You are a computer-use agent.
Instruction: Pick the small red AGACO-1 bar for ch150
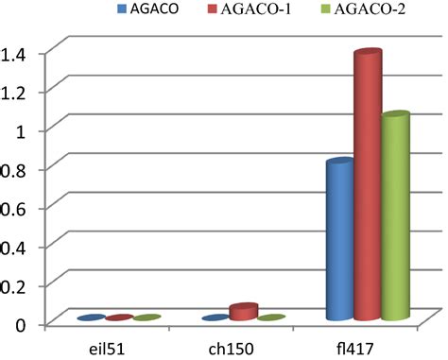(243, 312)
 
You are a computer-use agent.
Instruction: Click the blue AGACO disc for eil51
(91, 318)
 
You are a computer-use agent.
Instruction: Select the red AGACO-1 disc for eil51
(119, 318)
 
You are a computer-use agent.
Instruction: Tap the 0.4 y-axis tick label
(18, 247)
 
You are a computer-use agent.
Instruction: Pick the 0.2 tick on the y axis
(18, 285)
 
